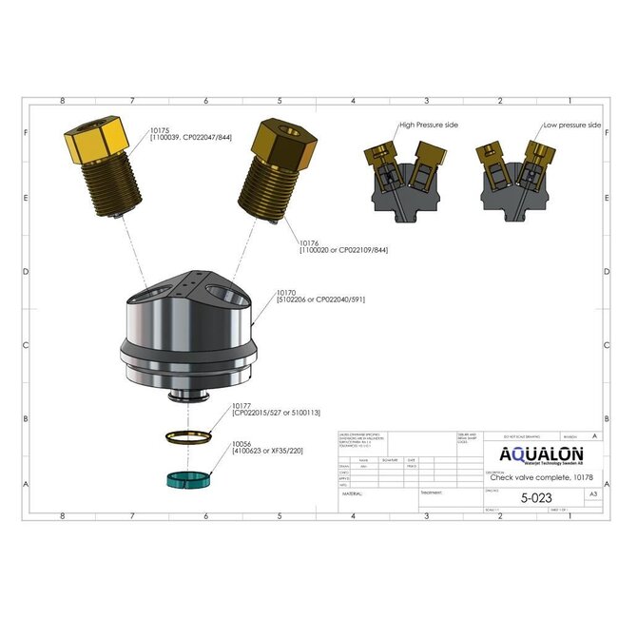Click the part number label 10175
(x=161, y=129)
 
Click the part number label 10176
(x=310, y=241)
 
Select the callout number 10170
(x=288, y=293)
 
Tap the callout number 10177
(x=242, y=406)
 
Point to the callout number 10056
(x=242, y=442)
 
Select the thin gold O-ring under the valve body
(x=186, y=438)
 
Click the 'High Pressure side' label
(x=427, y=125)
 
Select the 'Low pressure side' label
(x=571, y=125)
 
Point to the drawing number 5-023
(x=538, y=495)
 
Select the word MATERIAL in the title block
(x=354, y=494)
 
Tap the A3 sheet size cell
(x=593, y=495)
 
